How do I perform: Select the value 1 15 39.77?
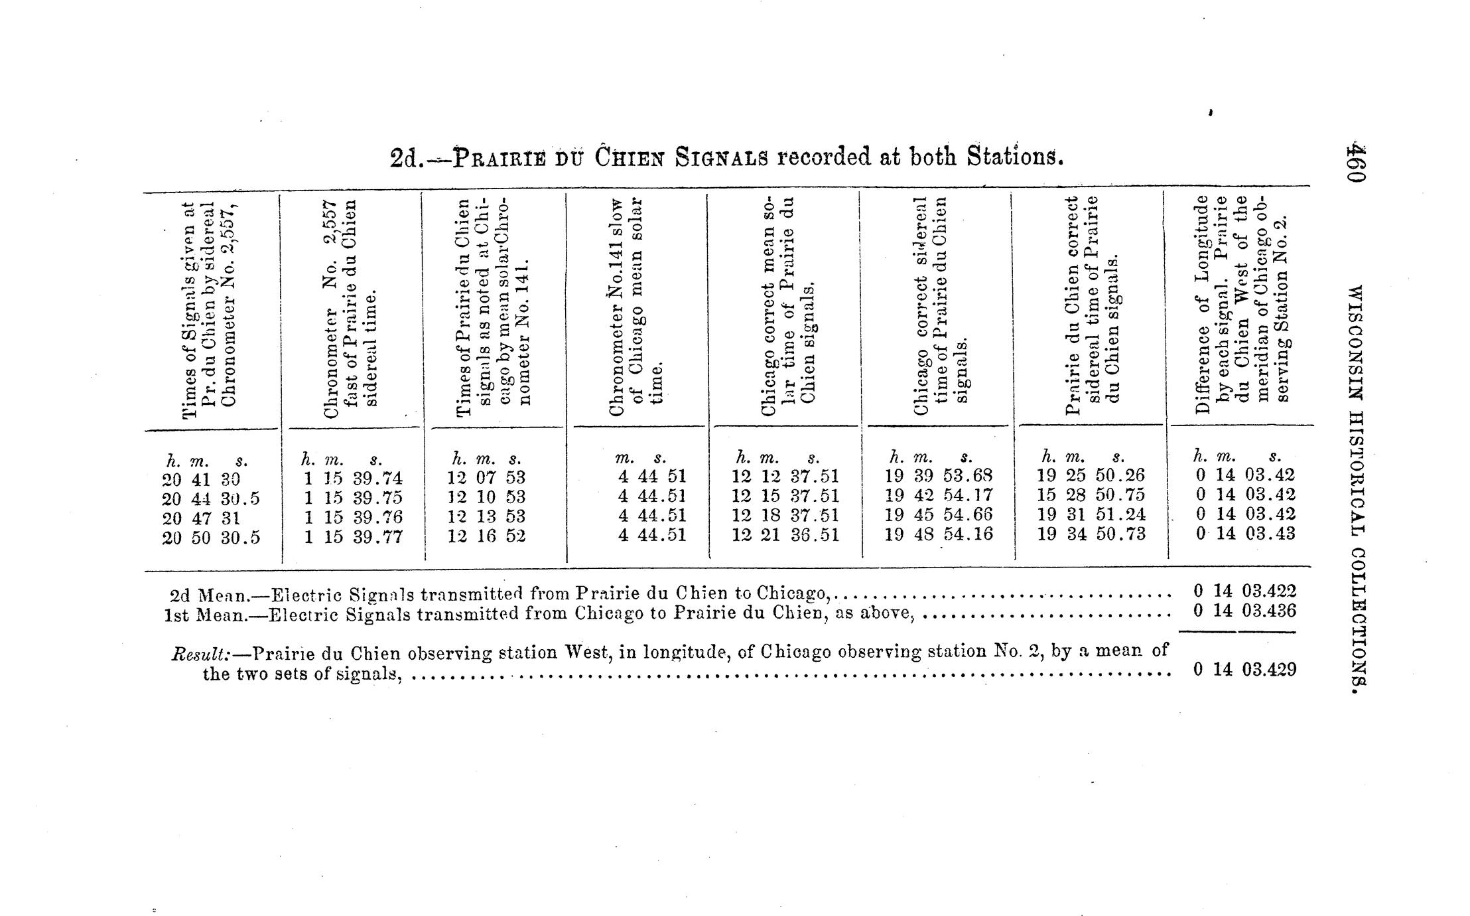tap(353, 537)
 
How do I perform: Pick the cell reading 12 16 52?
tap(486, 536)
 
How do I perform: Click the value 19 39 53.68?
tap(939, 477)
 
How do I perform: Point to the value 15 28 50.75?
tap(1091, 495)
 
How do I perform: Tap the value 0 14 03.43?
tap(1244, 533)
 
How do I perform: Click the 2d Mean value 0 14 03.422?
tap(1244, 591)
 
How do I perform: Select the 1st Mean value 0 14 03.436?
tap(1244, 611)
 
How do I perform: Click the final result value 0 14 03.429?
tap(1244, 670)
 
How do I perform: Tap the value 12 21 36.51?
tap(785, 535)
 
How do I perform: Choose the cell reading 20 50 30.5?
tap(211, 538)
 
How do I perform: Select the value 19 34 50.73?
tap(1091, 534)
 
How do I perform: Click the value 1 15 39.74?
tap(353, 479)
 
